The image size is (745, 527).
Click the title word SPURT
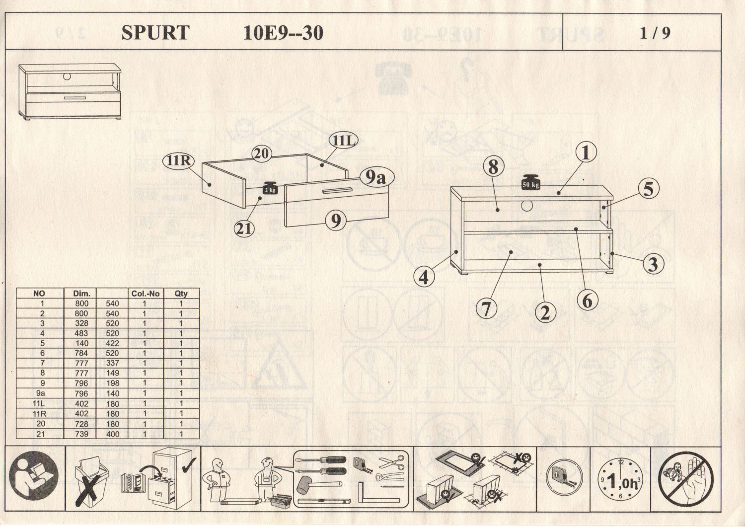pos(155,33)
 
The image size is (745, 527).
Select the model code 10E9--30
pos(283,33)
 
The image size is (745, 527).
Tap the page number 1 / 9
pos(655,33)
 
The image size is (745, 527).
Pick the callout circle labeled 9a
pos(376,177)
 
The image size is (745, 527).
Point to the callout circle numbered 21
pos(244,228)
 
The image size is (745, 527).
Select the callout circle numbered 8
pos(493,166)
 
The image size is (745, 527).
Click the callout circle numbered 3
pos(653,263)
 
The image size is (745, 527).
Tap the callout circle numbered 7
pos(486,308)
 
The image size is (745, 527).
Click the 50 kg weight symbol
pos(530,183)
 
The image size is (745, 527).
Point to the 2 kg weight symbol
pos(270,189)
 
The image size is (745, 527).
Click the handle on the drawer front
pos(336,190)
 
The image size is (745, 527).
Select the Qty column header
pos(181,294)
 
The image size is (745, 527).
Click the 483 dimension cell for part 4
pos(81,333)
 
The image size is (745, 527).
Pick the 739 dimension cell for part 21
pos(81,434)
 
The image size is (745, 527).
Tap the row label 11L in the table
pos(39,403)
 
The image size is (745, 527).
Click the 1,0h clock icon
pos(619,480)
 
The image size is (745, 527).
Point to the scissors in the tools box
pos(392,462)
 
